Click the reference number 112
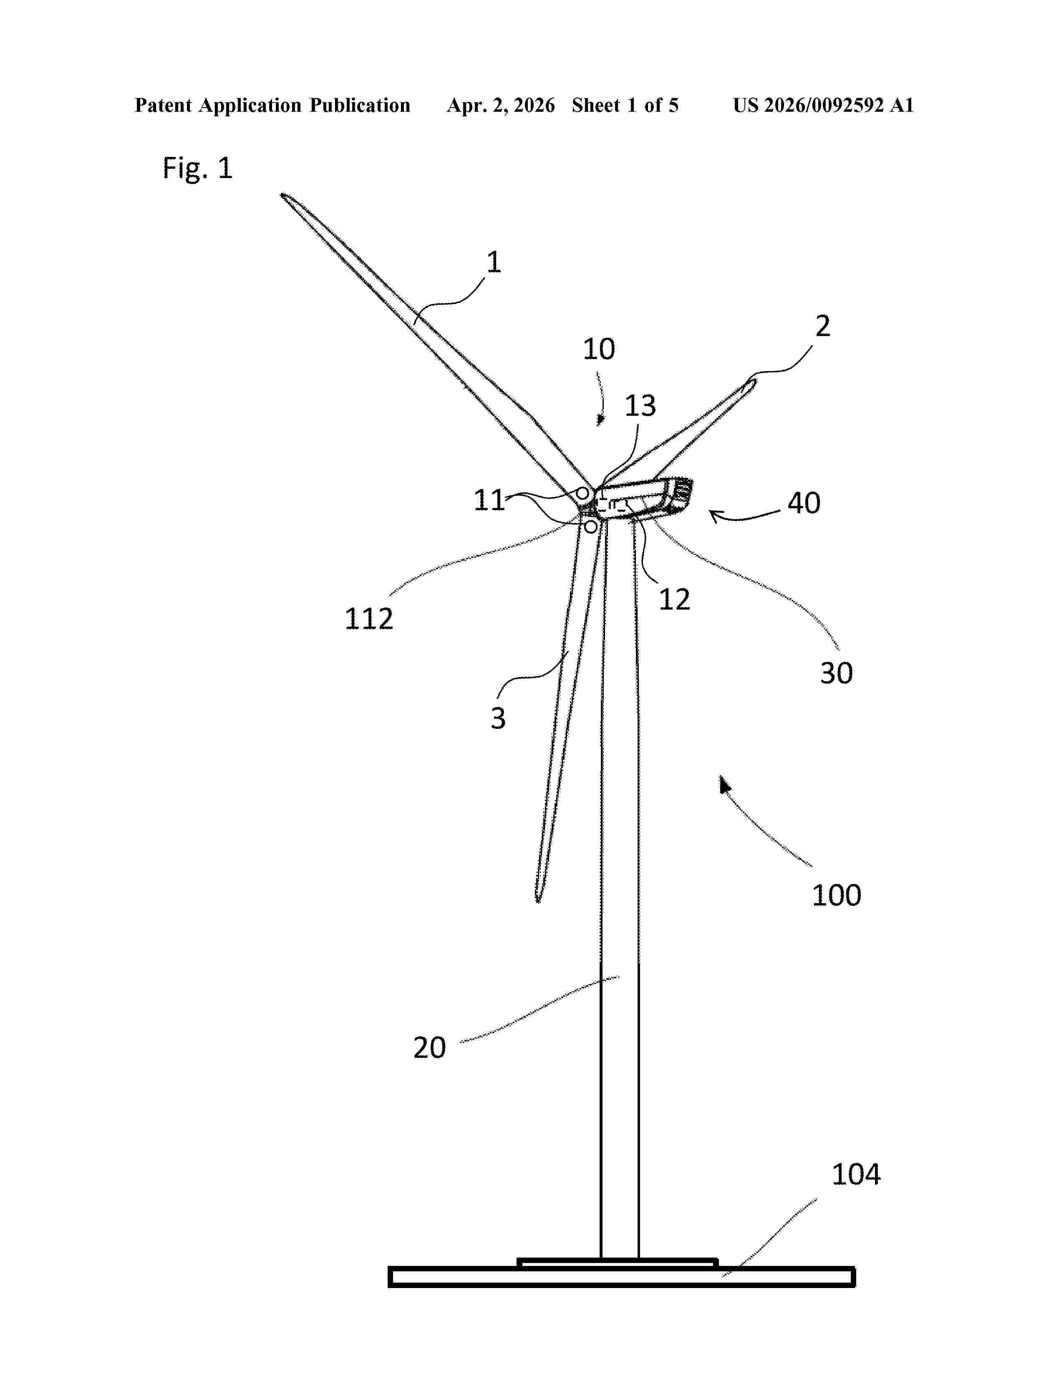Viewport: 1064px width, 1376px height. [x=369, y=619]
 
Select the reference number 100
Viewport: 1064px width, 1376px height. [x=836, y=895]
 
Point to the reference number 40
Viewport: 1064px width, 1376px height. [x=804, y=503]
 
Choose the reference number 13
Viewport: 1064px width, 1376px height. [x=640, y=406]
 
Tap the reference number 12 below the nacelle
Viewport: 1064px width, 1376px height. [x=674, y=599]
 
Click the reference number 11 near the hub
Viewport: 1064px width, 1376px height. [x=489, y=500]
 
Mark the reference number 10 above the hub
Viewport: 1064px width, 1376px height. [x=598, y=349]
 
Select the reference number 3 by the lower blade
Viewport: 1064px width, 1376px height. [x=498, y=718]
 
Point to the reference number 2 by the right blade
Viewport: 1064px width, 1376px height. [x=822, y=326]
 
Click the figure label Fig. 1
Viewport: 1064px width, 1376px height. [x=197, y=168]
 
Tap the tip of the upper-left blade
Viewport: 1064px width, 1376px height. [x=283, y=195]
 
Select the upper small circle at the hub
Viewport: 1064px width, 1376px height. [x=583, y=493]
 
